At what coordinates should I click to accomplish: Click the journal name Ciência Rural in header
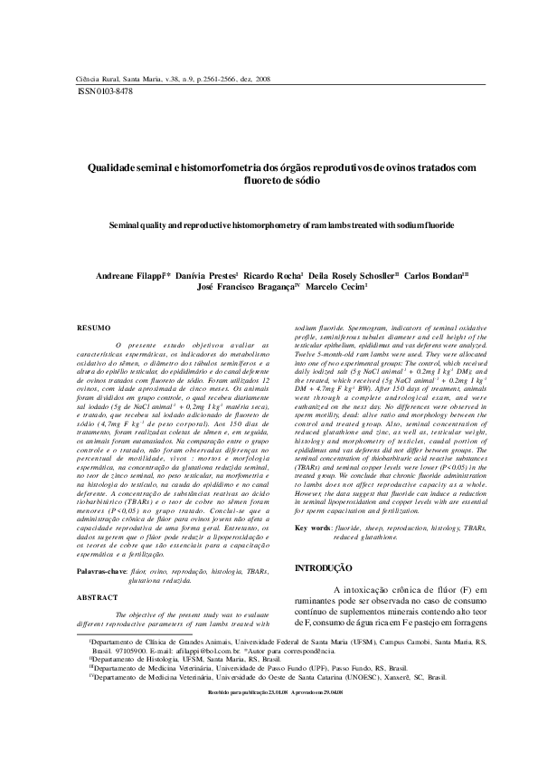click(93, 80)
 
